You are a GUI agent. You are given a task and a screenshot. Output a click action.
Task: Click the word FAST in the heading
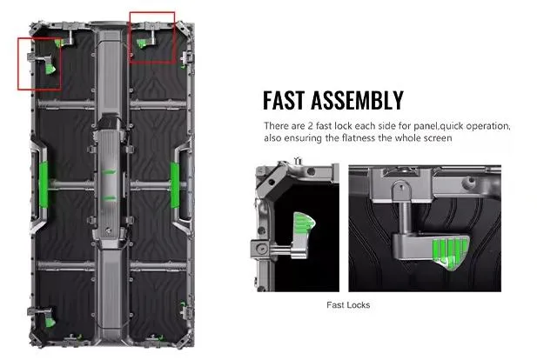pos(283,100)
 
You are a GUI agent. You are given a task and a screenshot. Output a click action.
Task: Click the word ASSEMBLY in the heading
pos(357,100)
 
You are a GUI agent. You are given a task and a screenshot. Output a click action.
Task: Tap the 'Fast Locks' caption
pos(348,305)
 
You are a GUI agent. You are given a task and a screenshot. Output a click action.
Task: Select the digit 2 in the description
pos(310,126)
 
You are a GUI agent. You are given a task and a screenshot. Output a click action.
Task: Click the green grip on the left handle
pos(44,185)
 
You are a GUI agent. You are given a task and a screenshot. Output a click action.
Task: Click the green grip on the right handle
pos(175,185)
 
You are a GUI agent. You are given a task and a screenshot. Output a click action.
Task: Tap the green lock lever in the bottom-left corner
pos(50,322)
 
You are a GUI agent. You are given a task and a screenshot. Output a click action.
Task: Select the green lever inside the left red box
pos(50,68)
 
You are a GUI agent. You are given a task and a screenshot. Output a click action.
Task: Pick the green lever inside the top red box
pos(142,43)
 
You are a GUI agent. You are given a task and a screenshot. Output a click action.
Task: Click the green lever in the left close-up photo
pos(304,223)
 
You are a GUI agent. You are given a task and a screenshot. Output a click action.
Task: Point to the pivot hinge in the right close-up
pos(402,190)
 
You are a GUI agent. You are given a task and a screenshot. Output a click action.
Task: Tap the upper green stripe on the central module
pos(110,172)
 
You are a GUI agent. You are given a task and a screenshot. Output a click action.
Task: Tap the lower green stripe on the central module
pos(110,198)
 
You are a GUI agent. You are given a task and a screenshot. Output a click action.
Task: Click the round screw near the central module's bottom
pos(109,231)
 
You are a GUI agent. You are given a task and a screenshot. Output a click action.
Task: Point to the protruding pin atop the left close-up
pos(298,161)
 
